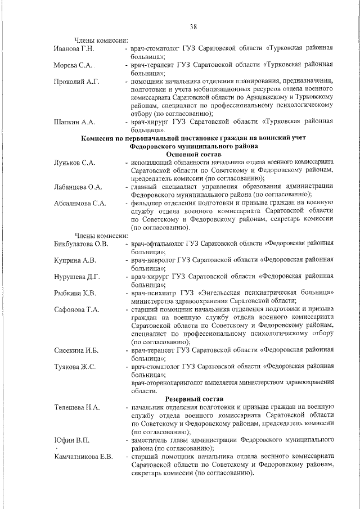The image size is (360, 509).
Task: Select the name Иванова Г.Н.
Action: pyautogui.click(x=73, y=49)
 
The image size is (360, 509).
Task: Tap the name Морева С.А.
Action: pyautogui.click(x=73, y=65)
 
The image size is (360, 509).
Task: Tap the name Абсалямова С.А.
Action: pyautogui.click(x=80, y=203)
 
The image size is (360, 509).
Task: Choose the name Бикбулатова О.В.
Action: pyautogui.click(x=81, y=244)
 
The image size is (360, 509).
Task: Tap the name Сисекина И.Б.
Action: pyautogui.click(x=76, y=350)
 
